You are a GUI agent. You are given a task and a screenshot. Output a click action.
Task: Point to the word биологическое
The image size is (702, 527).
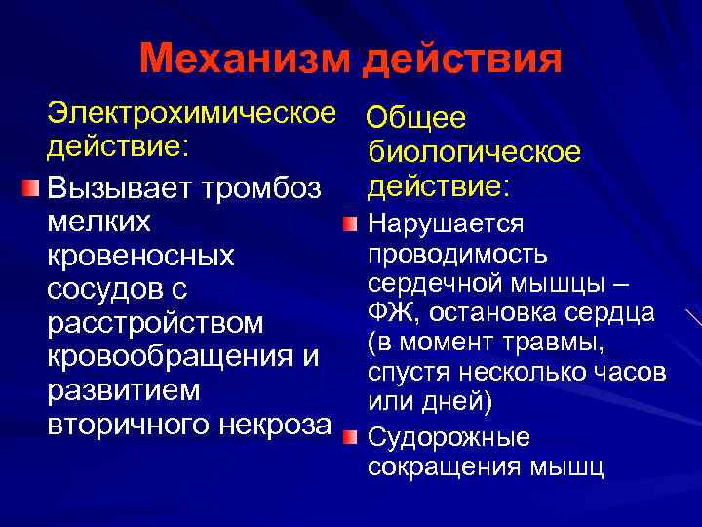pyautogui.click(x=475, y=152)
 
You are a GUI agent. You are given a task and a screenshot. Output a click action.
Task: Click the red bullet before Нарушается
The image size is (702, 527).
pyautogui.click(x=350, y=226)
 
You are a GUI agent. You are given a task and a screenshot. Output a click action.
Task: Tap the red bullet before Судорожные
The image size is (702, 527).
pyautogui.click(x=350, y=435)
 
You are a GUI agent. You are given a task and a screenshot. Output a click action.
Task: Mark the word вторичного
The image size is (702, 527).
pyautogui.click(x=123, y=424)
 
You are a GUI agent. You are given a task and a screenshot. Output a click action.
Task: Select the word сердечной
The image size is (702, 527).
pyautogui.click(x=435, y=283)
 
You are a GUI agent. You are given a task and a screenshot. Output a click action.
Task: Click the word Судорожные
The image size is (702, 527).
pyautogui.click(x=449, y=436)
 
